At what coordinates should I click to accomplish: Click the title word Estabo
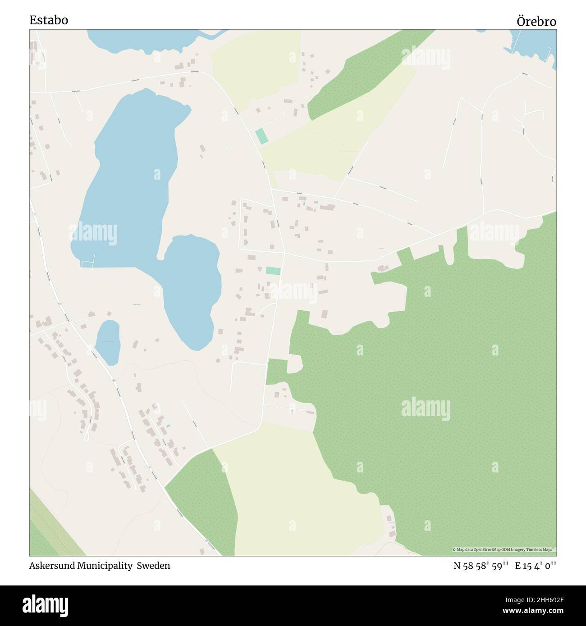tap(49, 20)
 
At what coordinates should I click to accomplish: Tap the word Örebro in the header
tap(536, 22)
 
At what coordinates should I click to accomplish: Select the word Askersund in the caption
tap(50, 566)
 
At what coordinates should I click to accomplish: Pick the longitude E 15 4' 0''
tap(536, 566)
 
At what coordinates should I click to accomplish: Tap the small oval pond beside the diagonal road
tap(108, 342)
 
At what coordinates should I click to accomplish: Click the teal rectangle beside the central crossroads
tap(273, 271)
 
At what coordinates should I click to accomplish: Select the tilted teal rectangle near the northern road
tap(261, 136)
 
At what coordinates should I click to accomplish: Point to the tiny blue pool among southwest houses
tap(168, 426)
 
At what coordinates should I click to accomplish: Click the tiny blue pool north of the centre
tap(304, 204)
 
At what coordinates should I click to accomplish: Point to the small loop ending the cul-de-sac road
tap(86, 437)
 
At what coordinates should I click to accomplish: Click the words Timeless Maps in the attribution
tap(542, 549)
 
